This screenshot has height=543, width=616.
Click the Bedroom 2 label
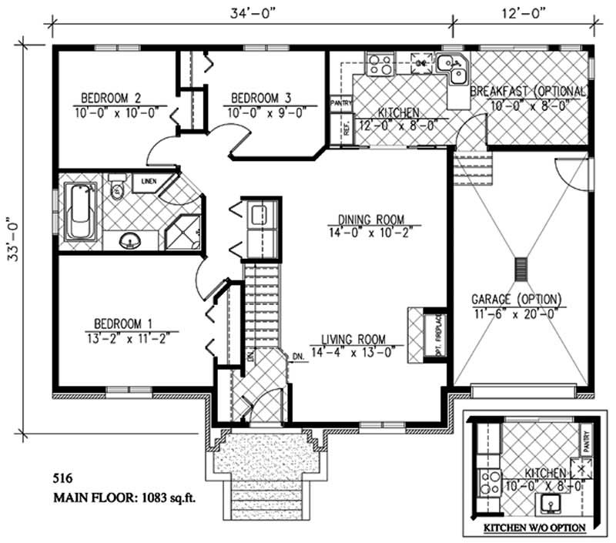[112, 99]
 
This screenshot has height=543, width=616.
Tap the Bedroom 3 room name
[261, 99]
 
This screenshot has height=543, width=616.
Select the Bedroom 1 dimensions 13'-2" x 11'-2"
[132, 337]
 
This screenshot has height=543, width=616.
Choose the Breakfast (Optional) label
[528, 91]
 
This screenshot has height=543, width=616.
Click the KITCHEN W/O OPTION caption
[534, 528]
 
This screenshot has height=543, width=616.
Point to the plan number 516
[62, 479]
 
